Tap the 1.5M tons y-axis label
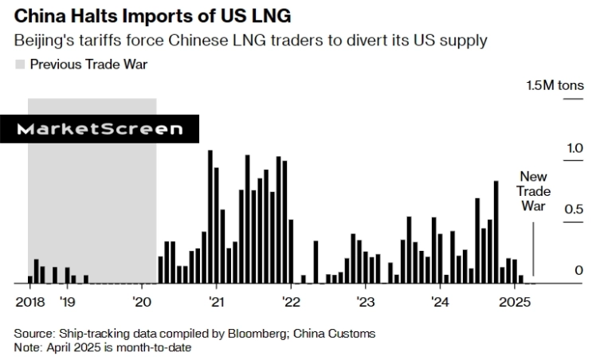tap(554, 85)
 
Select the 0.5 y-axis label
tap(573, 209)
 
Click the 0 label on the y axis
tap(579, 271)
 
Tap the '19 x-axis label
tap(67, 302)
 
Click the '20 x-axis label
tap(142, 302)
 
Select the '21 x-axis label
tap(216, 302)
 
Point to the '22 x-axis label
tap(291, 302)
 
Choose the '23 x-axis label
tap(366, 302)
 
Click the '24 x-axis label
tap(440, 302)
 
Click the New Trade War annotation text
tap(533, 191)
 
